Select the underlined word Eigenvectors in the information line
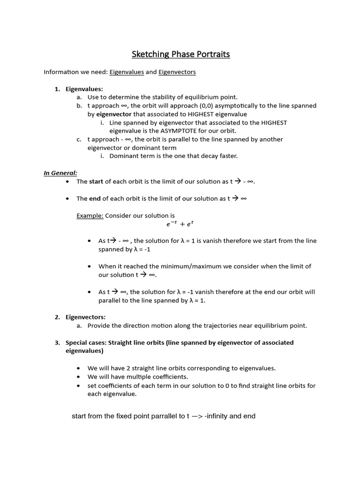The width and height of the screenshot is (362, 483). [x=177, y=72]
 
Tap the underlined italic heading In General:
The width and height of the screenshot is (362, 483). [x=60, y=173]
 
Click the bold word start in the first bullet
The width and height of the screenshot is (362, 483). [x=96, y=182]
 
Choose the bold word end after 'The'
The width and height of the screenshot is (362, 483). [x=95, y=199]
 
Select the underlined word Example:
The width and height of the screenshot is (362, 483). [x=90, y=216]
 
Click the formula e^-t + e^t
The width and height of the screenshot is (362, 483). [x=180, y=225]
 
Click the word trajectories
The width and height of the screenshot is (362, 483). [x=219, y=325]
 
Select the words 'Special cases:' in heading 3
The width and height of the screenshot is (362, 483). [x=86, y=342]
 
